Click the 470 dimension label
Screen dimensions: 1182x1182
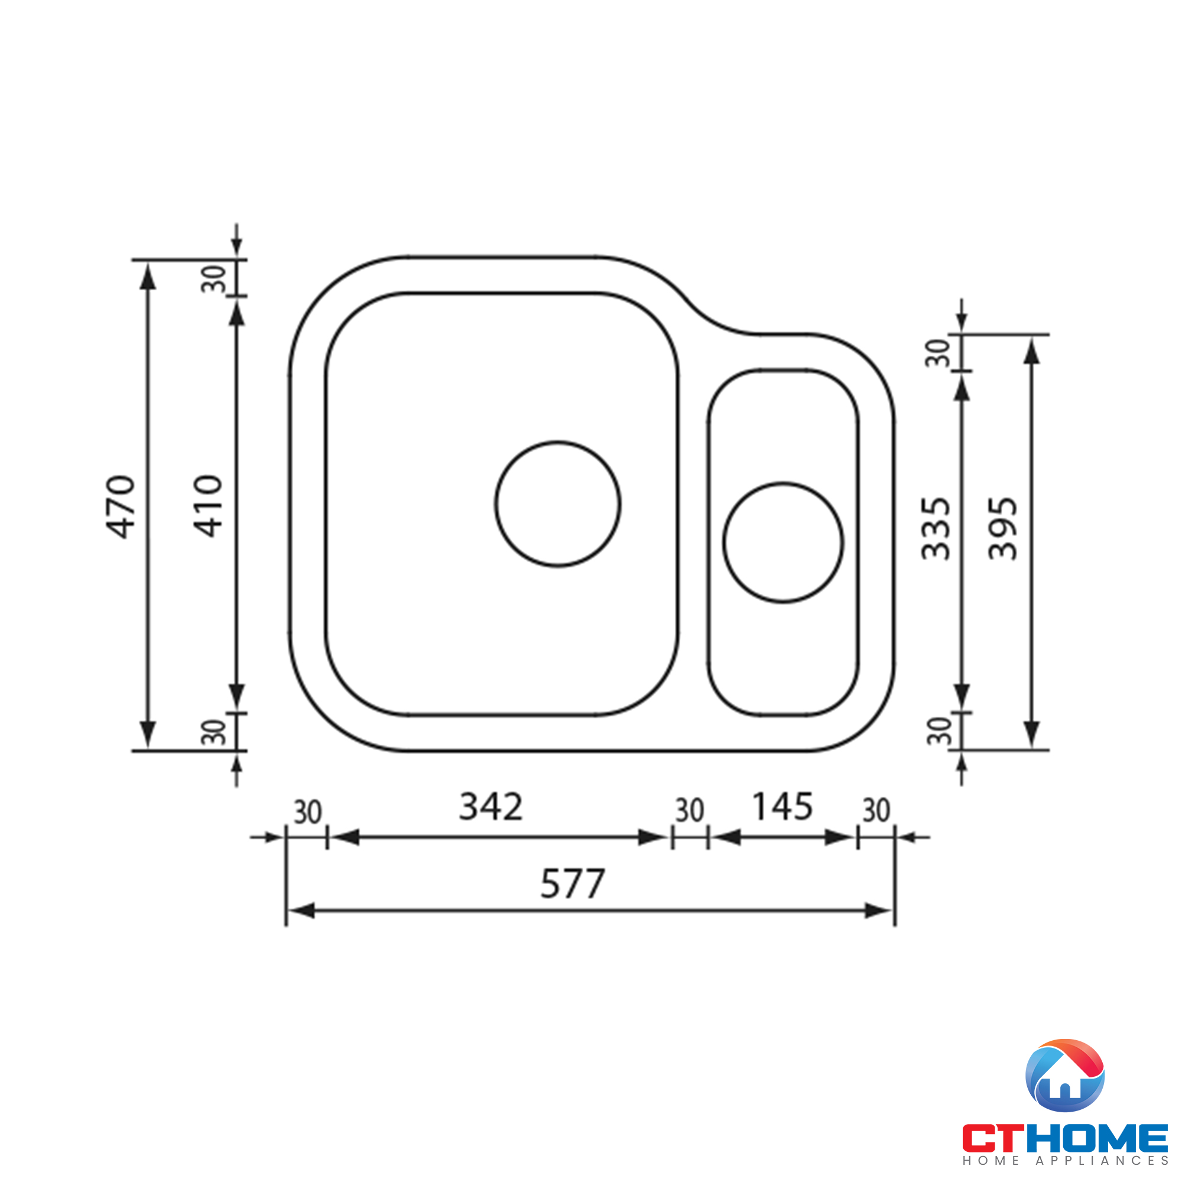tap(121, 506)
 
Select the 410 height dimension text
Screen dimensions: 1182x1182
tap(208, 506)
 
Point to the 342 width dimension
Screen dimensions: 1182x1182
tap(491, 806)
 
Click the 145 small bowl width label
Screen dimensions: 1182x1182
tap(782, 806)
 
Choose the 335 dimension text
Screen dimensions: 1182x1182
tap(936, 529)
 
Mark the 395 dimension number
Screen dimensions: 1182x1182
tap(1003, 529)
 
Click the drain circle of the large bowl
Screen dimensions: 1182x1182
tap(557, 504)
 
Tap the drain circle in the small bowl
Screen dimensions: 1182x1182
tap(782, 543)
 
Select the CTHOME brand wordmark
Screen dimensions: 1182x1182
tap(1064, 1138)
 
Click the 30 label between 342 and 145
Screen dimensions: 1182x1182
tap(690, 811)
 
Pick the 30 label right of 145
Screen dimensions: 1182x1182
tap(875, 811)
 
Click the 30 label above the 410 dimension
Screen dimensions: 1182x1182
tap(214, 279)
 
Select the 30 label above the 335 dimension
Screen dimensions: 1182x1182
tap(937, 353)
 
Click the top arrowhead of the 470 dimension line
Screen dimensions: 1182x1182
tap(147, 277)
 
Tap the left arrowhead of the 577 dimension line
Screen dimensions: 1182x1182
tap(300, 911)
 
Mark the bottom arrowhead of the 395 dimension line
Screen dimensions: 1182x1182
tap(1031, 734)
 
